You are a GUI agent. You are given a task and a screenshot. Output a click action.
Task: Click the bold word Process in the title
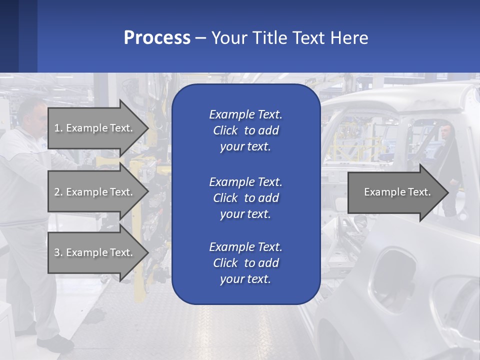click(157, 38)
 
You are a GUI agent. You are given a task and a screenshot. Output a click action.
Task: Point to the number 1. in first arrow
click(58, 128)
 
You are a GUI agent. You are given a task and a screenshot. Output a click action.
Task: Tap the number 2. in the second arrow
click(58, 192)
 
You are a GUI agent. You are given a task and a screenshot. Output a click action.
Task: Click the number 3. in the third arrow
click(58, 252)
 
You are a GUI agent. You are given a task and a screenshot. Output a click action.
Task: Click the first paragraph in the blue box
click(245, 130)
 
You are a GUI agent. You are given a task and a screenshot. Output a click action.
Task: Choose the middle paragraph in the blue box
click(245, 198)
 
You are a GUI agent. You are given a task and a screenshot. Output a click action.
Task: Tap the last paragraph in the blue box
click(245, 263)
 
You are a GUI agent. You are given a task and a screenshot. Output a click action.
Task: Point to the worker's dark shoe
click(55, 343)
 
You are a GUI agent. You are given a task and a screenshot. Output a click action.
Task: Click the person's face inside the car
click(444, 132)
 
